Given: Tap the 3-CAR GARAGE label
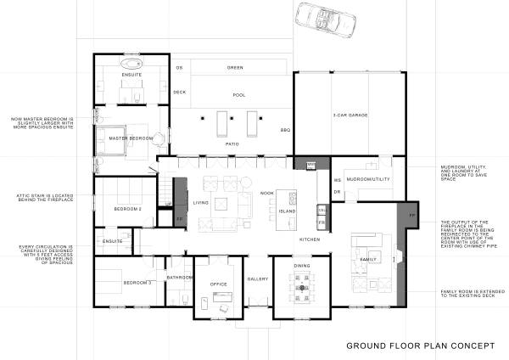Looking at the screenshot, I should tap(350, 115).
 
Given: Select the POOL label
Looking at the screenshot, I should tap(239, 96).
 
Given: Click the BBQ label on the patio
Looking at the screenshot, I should tap(286, 130).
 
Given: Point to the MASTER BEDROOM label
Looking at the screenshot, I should tap(130, 138).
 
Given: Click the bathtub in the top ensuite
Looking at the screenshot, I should tap(130, 64).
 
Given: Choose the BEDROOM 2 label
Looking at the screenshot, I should tap(128, 208).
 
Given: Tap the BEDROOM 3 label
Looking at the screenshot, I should tap(137, 282).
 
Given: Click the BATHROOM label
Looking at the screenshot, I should tap(181, 277).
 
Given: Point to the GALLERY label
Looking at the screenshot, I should tap(258, 278).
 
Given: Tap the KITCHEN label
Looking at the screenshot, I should tap(308, 240).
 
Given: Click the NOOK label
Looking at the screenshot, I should tap(266, 194).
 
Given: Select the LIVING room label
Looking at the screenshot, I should tap(201, 203).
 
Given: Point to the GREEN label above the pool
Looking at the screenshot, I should tap(235, 67).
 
